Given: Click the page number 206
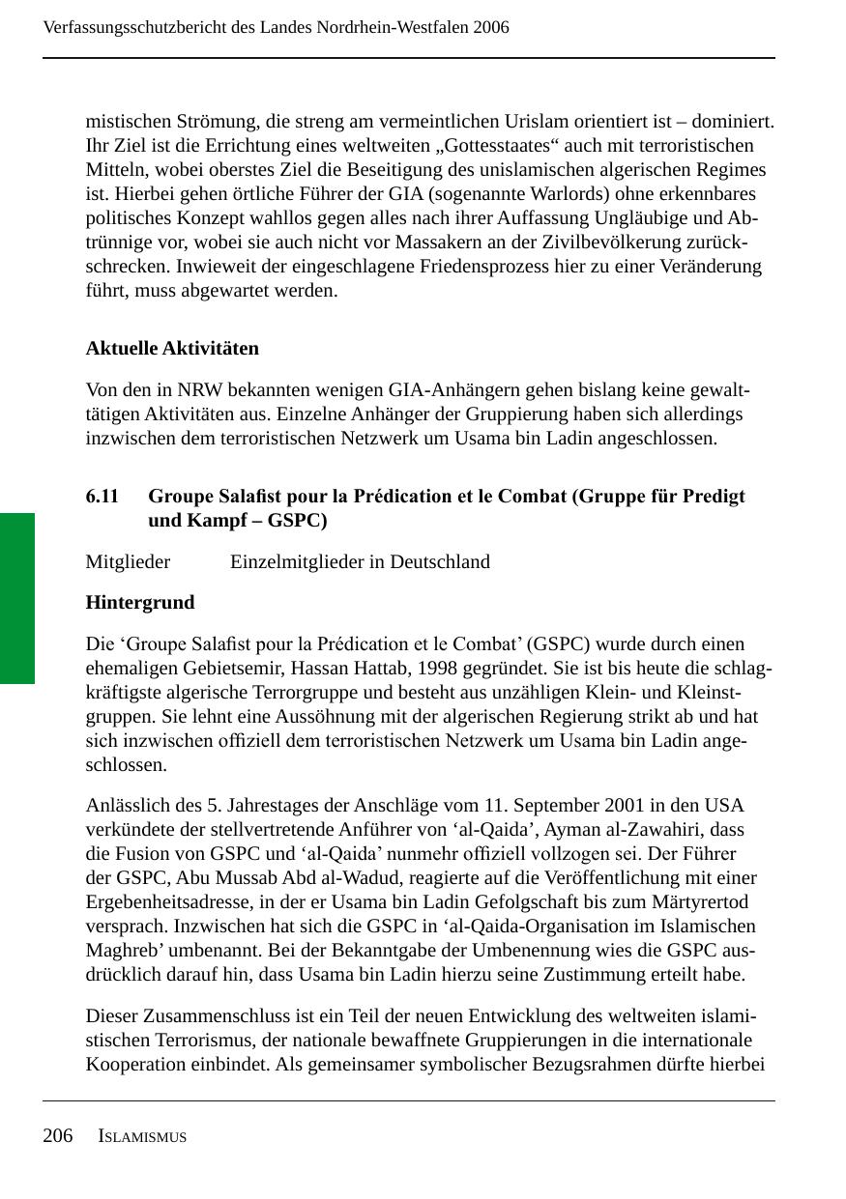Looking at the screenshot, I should pyautogui.click(x=58, y=1136).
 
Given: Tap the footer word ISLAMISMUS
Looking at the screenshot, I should pyautogui.click(x=142, y=1137).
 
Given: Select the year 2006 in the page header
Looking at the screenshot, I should pyautogui.click(x=491, y=27).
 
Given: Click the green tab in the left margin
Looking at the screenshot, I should pyautogui.click(x=17, y=598).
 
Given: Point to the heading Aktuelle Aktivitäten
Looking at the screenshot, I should pyautogui.click(x=172, y=348).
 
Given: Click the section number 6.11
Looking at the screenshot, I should pyautogui.click(x=102, y=497).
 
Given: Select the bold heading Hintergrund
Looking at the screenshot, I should pyautogui.click(x=140, y=603).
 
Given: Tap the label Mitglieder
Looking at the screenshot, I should pyautogui.click(x=128, y=562).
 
